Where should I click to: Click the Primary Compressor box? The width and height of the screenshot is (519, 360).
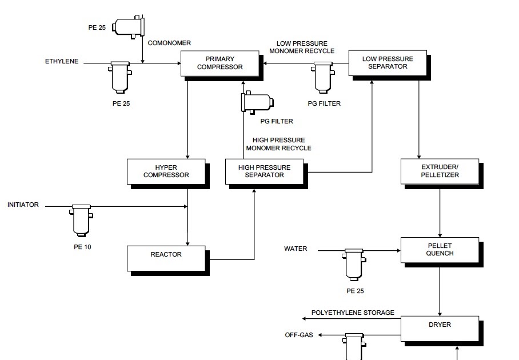click(220, 63)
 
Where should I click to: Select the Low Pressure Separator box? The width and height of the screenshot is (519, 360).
click(388, 62)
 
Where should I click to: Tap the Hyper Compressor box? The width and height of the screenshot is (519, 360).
click(166, 171)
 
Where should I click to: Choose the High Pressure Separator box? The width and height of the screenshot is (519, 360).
click(265, 171)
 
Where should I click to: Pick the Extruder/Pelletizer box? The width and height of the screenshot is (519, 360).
click(440, 171)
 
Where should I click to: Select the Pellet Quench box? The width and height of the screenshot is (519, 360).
click(440, 250)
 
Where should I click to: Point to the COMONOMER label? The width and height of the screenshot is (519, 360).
click(169, 43)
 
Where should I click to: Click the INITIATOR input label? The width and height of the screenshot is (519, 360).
click(23, 205)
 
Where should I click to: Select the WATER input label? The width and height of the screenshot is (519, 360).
click(296, 249)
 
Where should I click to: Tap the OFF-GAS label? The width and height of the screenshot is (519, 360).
click(299, 335)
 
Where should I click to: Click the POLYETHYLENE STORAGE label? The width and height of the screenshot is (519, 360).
click(353, 313)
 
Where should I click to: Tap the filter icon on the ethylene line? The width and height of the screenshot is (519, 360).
click(120, 77)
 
